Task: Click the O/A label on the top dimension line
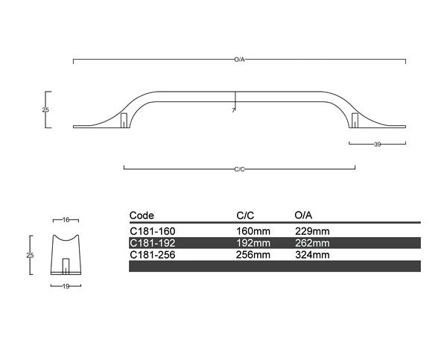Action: pos(239,58)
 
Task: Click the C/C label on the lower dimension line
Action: pos(239,169)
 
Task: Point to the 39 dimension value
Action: pos(377,144)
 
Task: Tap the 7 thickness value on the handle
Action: pos(233,110)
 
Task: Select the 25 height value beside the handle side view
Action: pos(45,110)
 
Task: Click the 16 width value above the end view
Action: pos(66,220)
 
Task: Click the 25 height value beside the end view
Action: pos(30,255)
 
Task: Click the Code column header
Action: pos(142,215)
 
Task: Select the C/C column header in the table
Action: pos(245,215)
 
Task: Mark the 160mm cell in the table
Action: pos(253,231)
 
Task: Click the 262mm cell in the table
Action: pos(312,243)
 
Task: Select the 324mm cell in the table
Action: pos(312,254)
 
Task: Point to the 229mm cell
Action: pos(312,231)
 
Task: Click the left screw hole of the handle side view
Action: pos(124,120)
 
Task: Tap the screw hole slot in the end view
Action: pos(66,267)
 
